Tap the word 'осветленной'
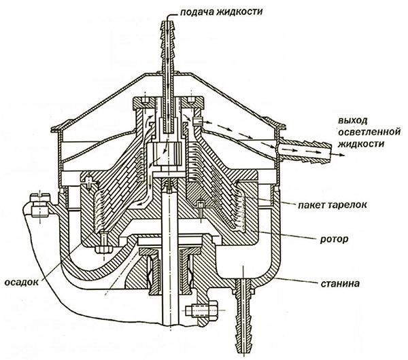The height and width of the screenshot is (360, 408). (x=368, y=132)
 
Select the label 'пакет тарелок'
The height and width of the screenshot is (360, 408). (x=328, y=204)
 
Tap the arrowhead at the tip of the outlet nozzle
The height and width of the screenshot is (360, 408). (x=336, y=155)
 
